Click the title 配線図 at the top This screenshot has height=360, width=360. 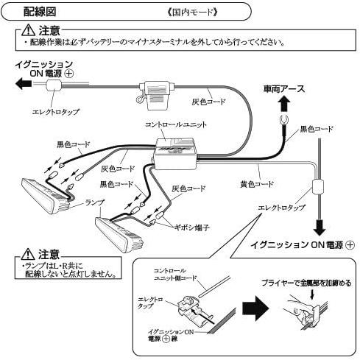40,12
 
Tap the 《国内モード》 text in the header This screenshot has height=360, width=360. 192,12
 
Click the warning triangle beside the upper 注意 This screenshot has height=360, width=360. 29,30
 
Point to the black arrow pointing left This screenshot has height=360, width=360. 24,84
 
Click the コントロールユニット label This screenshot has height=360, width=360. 176,124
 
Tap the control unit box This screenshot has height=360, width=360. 176,154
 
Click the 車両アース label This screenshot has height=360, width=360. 284,89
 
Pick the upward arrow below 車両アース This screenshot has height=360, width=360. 284,104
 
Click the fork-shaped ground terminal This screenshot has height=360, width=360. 284,120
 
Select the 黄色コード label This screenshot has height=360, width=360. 257,184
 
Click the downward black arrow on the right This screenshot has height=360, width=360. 320,227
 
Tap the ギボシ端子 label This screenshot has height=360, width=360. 191,227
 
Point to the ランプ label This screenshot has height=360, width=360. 95,202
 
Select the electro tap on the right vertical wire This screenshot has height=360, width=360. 318,187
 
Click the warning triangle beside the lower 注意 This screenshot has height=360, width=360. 28,254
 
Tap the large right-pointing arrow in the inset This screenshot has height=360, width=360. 255,308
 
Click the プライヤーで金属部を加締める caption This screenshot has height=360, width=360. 306,283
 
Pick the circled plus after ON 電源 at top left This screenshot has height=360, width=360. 69,74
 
